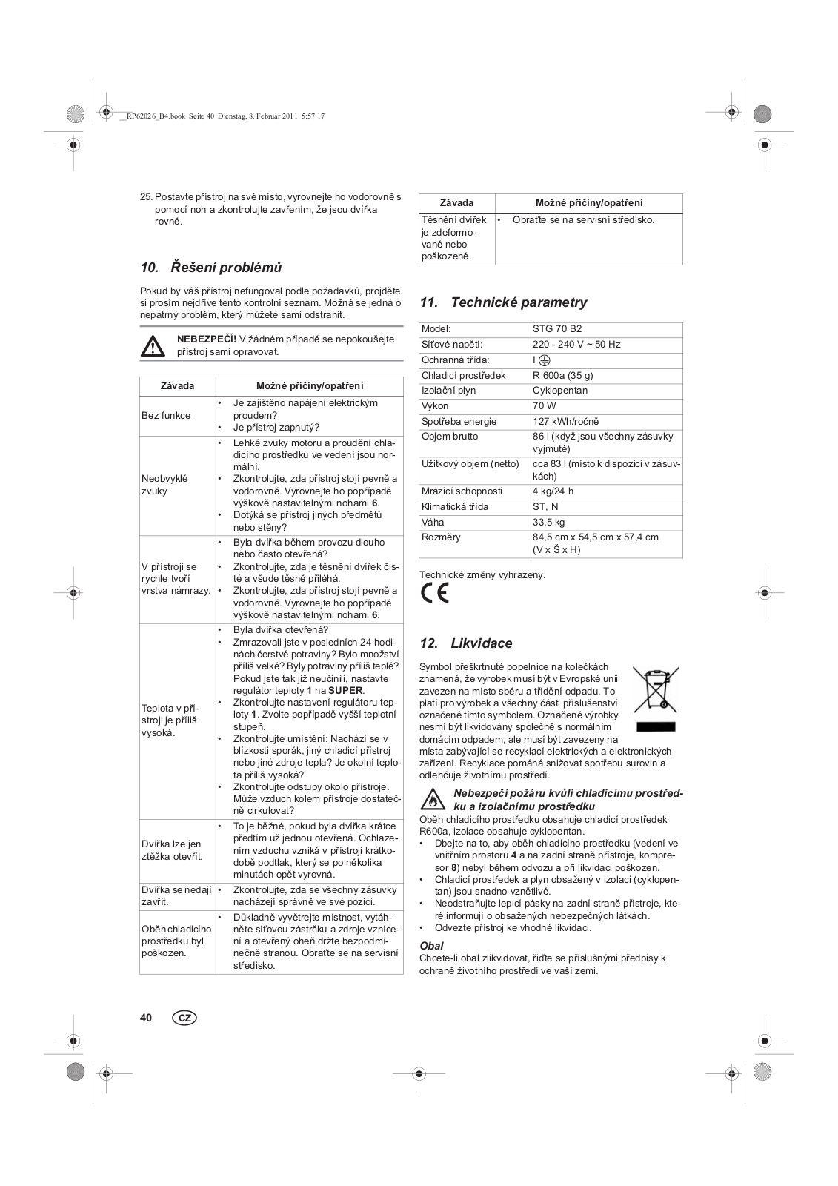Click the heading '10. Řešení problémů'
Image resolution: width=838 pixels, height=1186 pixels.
click(211, 267)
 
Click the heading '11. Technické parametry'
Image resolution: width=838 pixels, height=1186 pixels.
click(503, 302)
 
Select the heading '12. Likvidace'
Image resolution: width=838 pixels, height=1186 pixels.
click(466, 643)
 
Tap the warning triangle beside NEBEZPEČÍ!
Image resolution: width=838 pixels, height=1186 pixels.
click(153, 346)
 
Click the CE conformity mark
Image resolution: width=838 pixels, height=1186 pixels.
click(435, 594)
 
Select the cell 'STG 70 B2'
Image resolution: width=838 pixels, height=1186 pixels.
click(557, 328)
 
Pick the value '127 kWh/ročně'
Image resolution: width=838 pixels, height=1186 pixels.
click(565, 421)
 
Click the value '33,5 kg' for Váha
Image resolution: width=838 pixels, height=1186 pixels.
click(548, 522)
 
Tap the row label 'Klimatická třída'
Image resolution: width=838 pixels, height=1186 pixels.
click(455, 507)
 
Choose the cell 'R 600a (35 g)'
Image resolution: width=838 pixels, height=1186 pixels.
click(563, 375)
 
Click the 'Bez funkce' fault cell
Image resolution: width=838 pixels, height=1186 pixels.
click(166, 416)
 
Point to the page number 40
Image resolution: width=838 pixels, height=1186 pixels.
click(146, 1018)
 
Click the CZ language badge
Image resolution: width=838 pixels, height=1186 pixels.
click(184, 1018)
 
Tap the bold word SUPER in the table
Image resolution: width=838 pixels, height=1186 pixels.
click(345, 690)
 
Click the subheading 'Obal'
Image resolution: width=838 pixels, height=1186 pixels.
click(432, 946)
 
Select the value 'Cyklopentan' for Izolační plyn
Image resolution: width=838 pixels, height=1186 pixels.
click(560, 391)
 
